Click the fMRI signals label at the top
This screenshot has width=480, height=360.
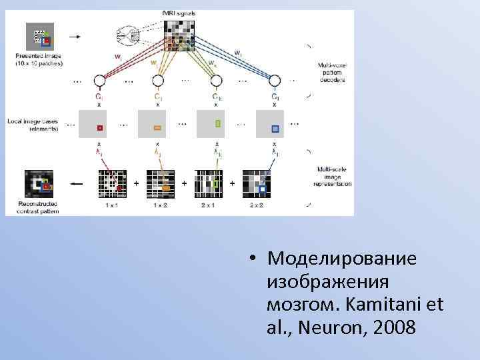coord(179,13)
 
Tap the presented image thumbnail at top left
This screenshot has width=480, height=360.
coord(40,37)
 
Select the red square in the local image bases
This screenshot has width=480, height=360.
coord(99,127)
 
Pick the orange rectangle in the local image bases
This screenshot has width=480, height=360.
coord(158,127)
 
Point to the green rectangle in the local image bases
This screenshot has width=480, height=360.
coord(217,123)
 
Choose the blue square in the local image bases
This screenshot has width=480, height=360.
coord(275,128)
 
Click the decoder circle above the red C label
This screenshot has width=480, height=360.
coord(99,81)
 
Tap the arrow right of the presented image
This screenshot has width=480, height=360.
coord(73,37)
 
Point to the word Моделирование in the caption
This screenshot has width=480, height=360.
coord(341,258)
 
